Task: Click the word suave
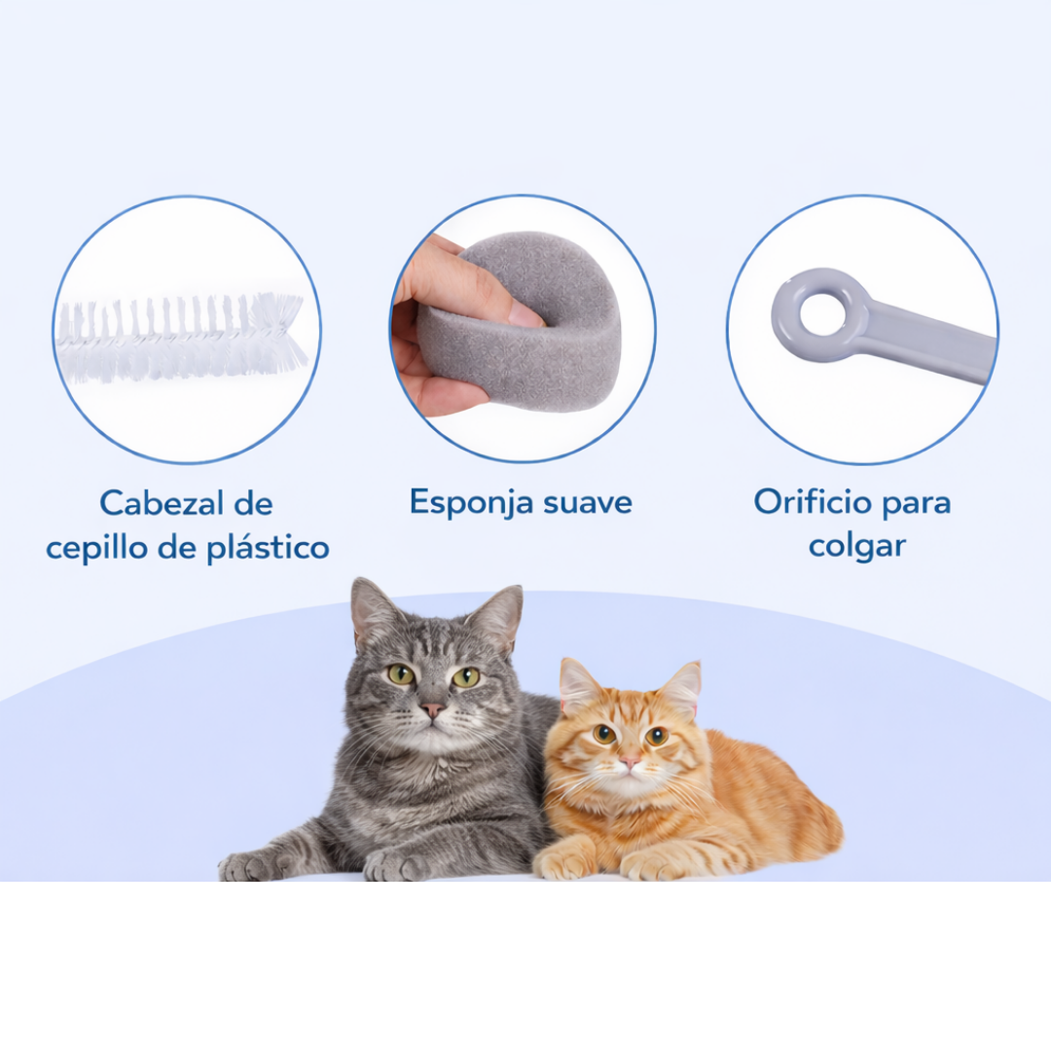(588, 503)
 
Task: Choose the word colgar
(856, 546)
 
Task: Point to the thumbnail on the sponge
(525, 313)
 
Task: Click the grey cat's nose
(433, 708)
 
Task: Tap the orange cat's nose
(630, 761)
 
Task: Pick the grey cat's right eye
(466, 676)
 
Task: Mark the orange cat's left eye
(604, 734)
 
